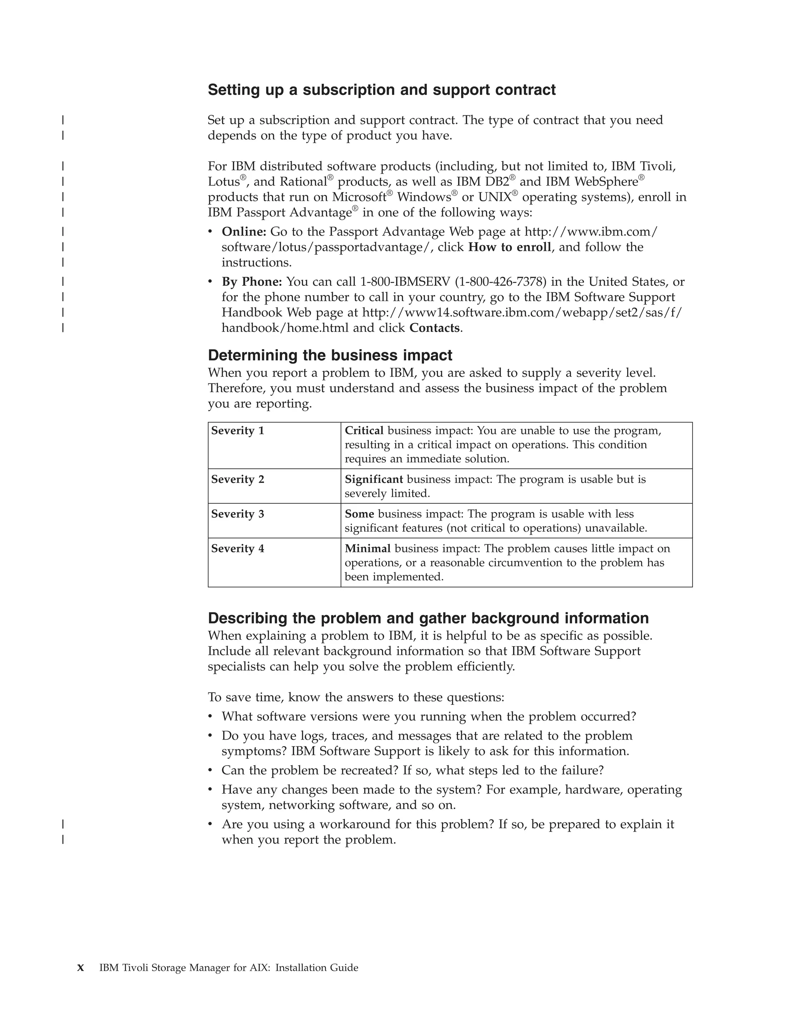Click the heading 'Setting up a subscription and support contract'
coord(381,90)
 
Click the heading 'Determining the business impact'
coord(330,355)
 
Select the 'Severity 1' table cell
coord(237,431)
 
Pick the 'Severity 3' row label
coord(237,514)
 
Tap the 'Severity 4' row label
coord(237,549)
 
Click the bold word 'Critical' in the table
coord(364,431)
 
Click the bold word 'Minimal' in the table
coord(367,549)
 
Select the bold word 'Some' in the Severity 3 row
coord(359,514)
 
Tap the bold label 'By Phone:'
coord(252,282)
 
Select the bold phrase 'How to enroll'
coord(509,247)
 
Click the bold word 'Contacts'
coord(434,328)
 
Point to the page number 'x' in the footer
coord(81,968)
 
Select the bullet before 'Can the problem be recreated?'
coord(210,771)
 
